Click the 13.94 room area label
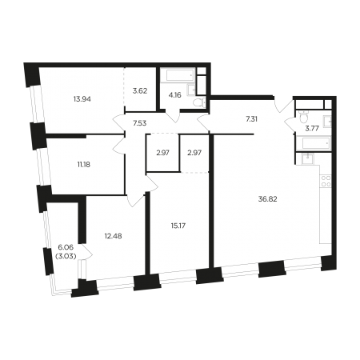click(x=82, y=99)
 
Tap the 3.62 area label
click(x=140, y=91)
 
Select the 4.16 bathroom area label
click(x=175, y=95)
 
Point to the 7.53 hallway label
click(x=139, y=123)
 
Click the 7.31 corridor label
click(x=251, y=119)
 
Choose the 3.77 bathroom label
click(x=312, y=128)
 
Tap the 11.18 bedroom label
click(x=84, y=165)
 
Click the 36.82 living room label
click(x=267, y=199)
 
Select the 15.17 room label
click(x=178, y=226)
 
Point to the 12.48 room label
click(x=113, y=236)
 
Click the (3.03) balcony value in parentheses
click(x=66, y=256)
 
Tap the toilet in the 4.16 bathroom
click(x=199, y=102)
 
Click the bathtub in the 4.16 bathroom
click(x=179, y=75)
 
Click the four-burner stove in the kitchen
click(x=326, y=181)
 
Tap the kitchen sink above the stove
click(x=308, y=158)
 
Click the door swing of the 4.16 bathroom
click(x=173, y=117)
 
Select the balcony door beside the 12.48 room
click(x=87, y=251)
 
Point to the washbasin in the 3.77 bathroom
click(x=327, y=122)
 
